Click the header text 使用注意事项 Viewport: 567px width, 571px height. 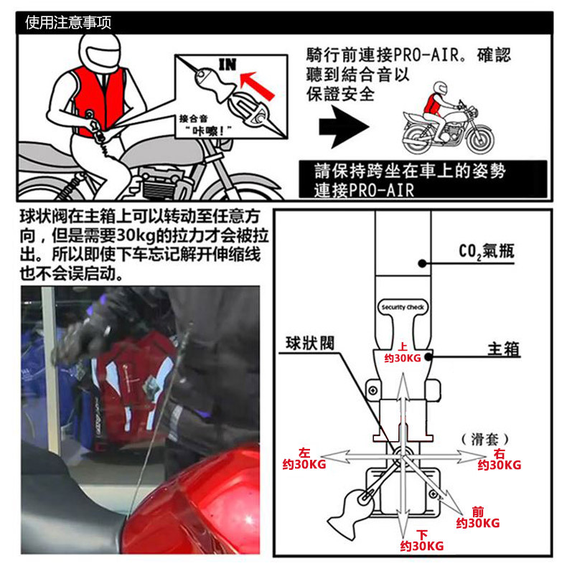pyautogui.click(x=68, y=23)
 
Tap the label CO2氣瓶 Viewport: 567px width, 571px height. pyautogui.click(x=486, y=251)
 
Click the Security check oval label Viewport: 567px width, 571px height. pyautogui.click(x=402, y=307)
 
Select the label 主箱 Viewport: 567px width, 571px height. pyautogui.click(x=503, y=349)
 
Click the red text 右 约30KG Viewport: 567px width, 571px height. pyautogui.click(x=500, y=460)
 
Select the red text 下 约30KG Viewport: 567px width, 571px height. pyautogui.click(x=421, y=540)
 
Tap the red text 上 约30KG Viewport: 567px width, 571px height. pyautogui.click(x=403, y=351)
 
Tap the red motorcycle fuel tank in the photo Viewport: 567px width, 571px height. pyautogui.click(x=208, y=502)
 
